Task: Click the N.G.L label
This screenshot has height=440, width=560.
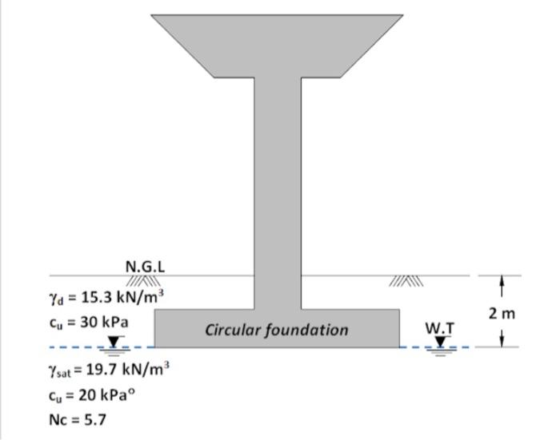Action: (145, 266)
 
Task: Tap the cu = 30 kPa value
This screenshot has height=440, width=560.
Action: (88, 323)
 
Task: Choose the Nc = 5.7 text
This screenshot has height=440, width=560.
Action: (77, 418)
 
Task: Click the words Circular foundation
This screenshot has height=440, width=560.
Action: (277, 329)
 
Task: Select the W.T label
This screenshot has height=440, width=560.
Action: (439, 328)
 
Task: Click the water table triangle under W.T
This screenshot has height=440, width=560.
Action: (439, 342)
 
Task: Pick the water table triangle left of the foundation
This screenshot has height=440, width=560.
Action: (114, 342)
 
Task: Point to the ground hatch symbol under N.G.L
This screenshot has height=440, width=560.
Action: (145, 281)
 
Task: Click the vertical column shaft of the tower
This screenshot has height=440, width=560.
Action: (278, 192)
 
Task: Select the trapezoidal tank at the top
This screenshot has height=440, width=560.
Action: (278, 40)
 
